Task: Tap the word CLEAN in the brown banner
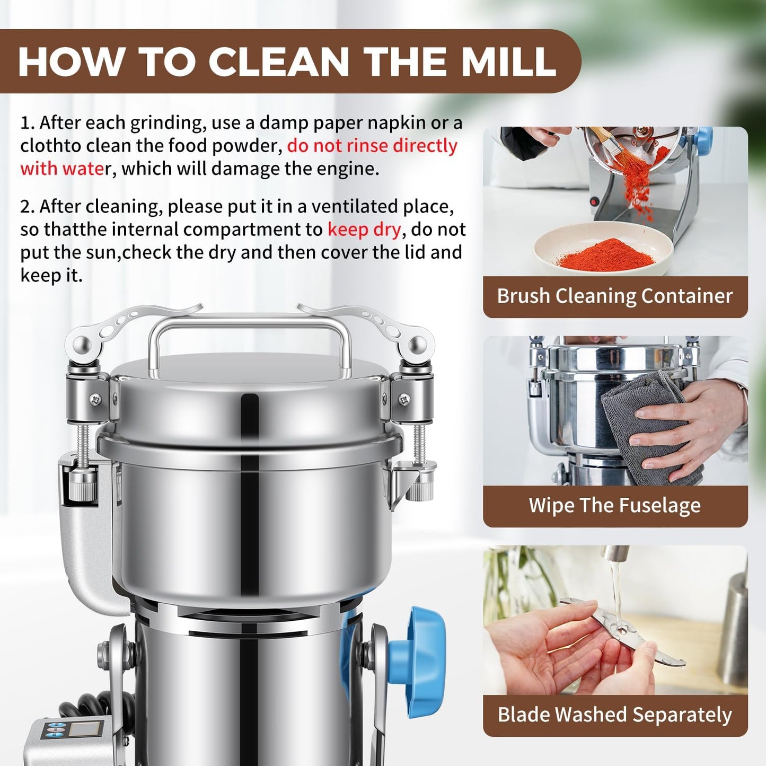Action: click(279, 61)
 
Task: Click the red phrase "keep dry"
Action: click(364, 230)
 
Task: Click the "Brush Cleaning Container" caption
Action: click(615, 296)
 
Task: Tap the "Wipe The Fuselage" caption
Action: click(615, 505)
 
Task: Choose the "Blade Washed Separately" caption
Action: click(615, 715)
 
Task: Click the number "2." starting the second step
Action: click(28, 207)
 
